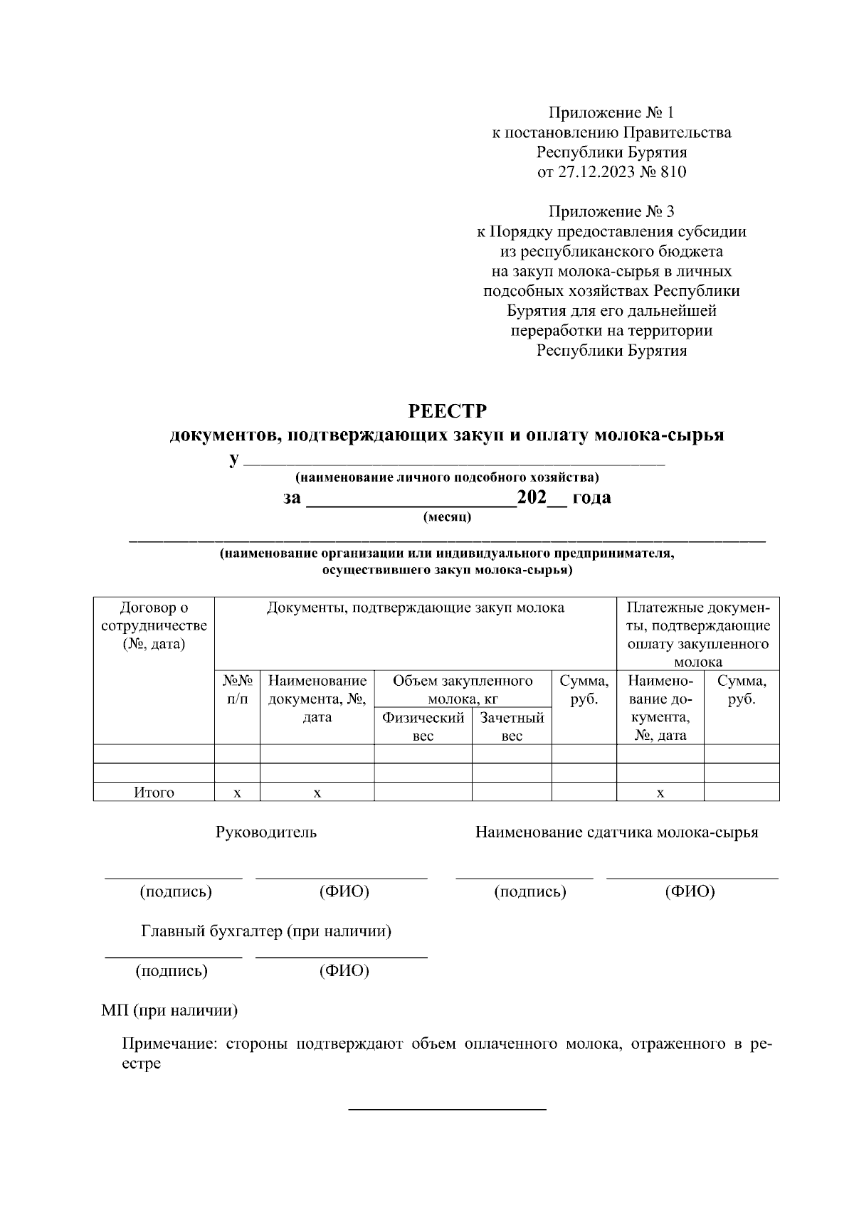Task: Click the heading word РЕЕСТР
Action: coord(447,412)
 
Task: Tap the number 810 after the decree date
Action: coord(673,172)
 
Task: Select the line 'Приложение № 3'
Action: coord(611,212)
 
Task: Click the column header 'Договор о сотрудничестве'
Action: coord(154,626)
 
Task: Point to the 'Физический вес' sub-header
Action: coord(423,726)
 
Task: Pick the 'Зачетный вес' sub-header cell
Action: coord(512,726)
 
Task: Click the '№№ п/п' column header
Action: coord(237,690)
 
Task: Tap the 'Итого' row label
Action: coord(154,793)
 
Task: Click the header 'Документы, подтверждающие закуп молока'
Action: coord(415,608)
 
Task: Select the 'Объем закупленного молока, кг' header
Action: coord(463,689)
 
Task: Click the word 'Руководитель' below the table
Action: coord(266,832)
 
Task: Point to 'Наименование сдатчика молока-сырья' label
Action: coord(616,832)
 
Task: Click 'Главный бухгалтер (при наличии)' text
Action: coord(266,931)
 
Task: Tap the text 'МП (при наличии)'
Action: coord(169,1011)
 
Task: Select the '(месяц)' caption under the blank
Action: coord(447,517)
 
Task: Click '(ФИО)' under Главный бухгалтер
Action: coord(344,971)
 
